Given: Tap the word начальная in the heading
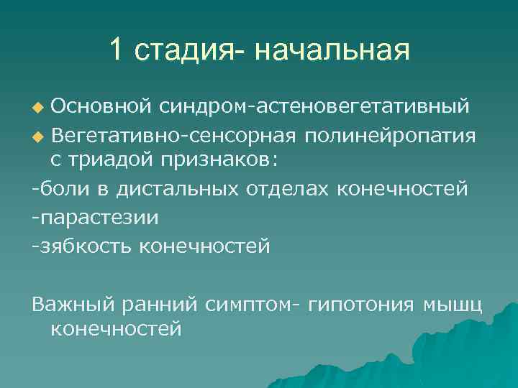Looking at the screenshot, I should coord(332,52).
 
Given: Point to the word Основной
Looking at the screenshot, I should coord(100,106).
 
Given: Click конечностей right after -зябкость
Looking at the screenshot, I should coord(204,246).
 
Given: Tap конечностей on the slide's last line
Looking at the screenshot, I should coord(117,330).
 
